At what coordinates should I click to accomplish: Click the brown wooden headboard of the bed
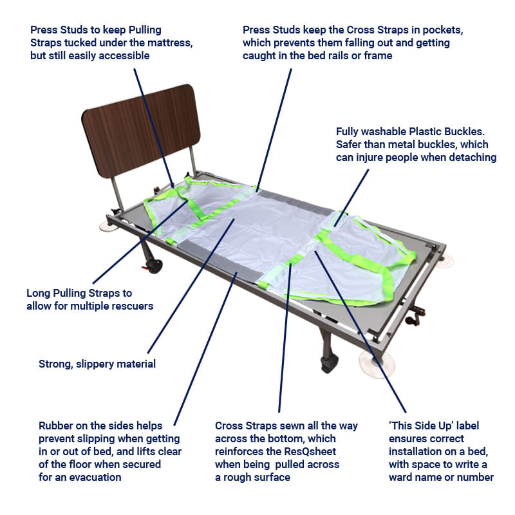(141, 131)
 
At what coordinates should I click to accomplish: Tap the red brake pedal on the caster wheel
(145, 268)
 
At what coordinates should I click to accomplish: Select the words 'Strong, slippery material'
(97, 364)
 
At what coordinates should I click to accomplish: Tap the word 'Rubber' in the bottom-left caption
(55, 426)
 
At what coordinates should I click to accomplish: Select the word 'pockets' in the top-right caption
(443, 30)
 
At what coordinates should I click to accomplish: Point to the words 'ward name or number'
(441, 477)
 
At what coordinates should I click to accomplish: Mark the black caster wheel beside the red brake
(154, 266)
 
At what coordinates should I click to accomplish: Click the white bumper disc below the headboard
(109, 226)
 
